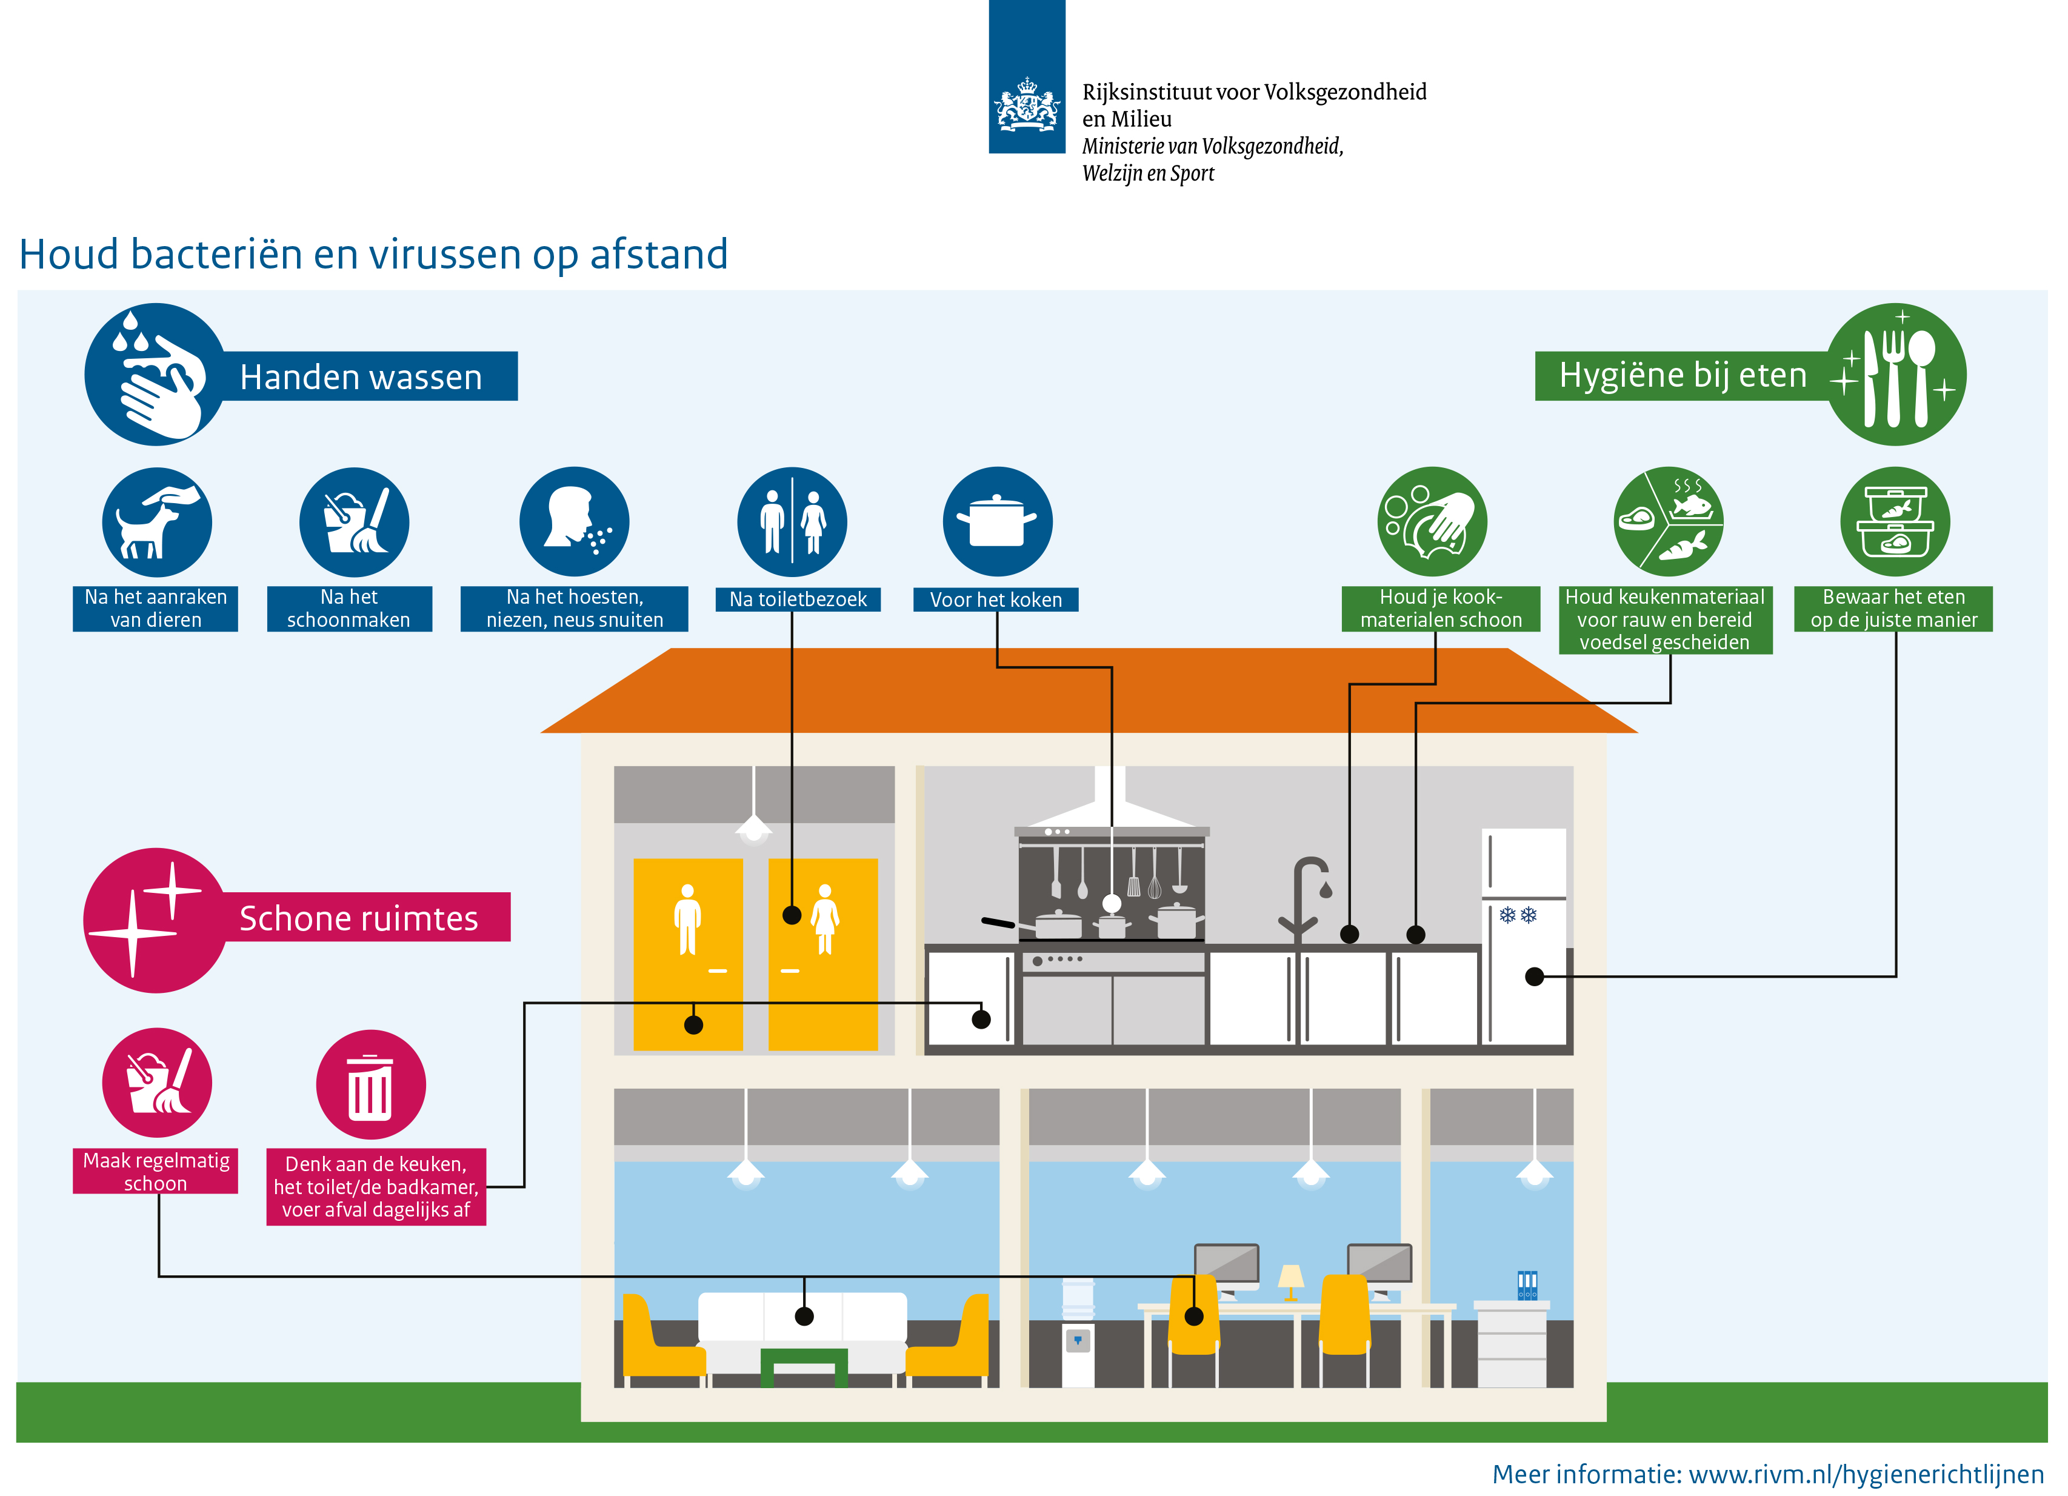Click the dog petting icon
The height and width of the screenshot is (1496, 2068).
(157, 523)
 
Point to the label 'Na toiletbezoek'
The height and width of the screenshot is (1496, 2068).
(798, 599)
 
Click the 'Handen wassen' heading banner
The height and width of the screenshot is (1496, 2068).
(361, 376)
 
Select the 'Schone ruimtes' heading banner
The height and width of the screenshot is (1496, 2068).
(358, 918)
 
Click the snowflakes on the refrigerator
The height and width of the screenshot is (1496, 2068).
(1518, 914)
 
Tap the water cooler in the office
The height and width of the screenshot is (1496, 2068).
(1078, 1332)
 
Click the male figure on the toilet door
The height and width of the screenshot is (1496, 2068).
(687, 919)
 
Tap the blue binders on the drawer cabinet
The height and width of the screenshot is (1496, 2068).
(1527, 1286)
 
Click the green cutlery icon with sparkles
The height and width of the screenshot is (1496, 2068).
(1896, 375)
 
